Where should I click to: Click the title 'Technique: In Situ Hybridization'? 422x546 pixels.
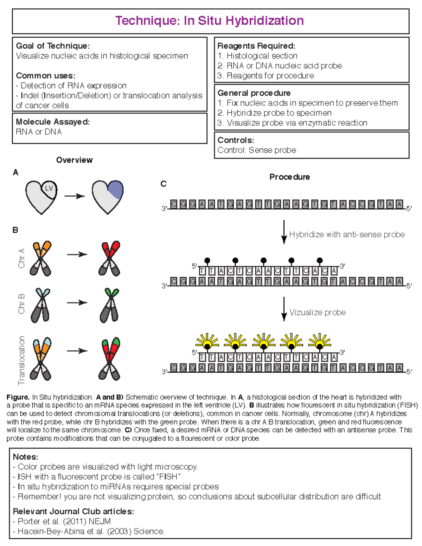tap(210, 21)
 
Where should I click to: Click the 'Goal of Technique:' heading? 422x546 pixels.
tap(53, 46)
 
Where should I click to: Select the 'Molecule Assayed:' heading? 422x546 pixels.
tap(53, 122)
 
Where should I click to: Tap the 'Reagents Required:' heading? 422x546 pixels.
tap(256, 46)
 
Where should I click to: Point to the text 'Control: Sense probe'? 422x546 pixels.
tap(257, 150)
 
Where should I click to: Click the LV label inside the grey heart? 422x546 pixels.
tap(49, 188)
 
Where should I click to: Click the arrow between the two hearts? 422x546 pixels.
tap(75, 196)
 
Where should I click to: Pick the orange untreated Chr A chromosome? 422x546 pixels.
tap(40, 258)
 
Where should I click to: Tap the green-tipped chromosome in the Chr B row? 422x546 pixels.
tap(109, 305)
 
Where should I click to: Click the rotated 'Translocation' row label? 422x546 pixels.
tap(21, 360)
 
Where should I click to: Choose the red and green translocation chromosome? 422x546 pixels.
tap(110, 359)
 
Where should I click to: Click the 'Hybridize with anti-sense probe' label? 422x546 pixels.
tap(347, 235)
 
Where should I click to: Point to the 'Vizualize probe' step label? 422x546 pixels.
tap(318, 313)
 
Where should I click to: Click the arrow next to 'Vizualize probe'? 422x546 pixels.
tap(284, 309)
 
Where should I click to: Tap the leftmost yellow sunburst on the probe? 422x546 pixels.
tap(207, 341)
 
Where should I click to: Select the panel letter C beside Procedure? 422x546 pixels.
tap(163, 184)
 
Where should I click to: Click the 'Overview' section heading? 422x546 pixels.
tap(75, 160)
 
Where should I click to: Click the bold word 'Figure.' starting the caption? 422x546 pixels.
tap(18, 397)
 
